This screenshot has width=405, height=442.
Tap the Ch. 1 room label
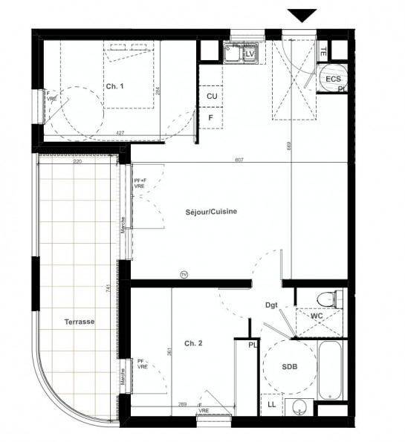coord(114,87)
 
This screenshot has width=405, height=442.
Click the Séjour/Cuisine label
coord(211,212)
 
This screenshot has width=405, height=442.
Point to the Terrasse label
coord(79,322)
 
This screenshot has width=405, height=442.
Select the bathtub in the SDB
coord(329,369)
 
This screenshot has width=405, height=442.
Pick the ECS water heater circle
coord(332,79)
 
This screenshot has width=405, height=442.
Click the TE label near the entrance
coord(323,52)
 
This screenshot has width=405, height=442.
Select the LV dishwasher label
coord(250,54)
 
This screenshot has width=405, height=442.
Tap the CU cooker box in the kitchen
coord(212,97)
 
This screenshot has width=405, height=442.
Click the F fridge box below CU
coord(212,117)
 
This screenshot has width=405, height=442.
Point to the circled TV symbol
coord(184,275)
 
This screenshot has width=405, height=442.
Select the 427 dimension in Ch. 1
coord(120,134)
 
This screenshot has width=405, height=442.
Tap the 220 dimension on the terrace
coord(77,161)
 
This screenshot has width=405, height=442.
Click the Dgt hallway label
coord(272,304)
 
